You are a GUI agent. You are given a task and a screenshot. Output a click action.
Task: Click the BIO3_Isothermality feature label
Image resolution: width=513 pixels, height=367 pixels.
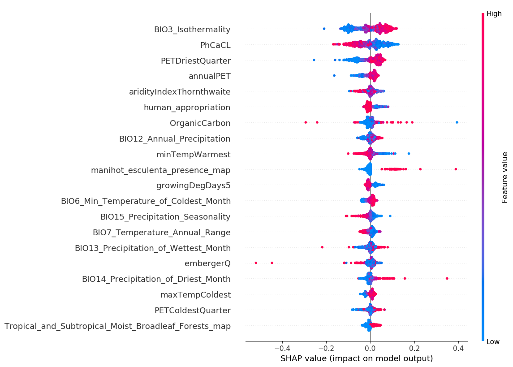(x=192, y=30)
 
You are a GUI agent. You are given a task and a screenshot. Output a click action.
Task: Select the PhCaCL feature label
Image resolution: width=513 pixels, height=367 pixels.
(x=215, y=45)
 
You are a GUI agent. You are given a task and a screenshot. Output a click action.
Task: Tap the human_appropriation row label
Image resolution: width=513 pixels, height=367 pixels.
(x=187, y=108)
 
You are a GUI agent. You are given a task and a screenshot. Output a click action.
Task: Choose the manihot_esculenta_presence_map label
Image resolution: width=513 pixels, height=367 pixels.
(x=160, y=170)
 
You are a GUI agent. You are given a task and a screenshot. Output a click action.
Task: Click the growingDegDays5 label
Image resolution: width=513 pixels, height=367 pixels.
(x=193, y=186)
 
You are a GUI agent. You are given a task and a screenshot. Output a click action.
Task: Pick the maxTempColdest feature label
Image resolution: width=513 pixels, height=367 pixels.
(x=195, y=295)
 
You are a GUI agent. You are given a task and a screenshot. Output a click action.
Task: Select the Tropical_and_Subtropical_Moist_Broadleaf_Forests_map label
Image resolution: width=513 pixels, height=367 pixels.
(x=117, y=326)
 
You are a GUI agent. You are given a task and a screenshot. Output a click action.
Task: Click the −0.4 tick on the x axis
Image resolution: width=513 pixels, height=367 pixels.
(x=282, y=348)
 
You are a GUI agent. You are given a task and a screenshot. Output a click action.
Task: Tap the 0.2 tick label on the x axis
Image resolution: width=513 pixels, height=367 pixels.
(x=414, y=348)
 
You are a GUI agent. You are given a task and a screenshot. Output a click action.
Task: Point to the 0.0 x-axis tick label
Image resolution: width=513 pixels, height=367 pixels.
(x=371, y=348)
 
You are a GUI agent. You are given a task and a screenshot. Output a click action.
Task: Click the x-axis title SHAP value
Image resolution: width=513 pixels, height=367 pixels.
(x=356, y=358)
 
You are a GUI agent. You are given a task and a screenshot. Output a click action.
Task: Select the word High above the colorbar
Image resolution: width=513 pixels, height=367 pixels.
(x=494, y=14)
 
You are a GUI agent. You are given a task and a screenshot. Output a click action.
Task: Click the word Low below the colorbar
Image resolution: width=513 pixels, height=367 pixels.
(x=493, y=342)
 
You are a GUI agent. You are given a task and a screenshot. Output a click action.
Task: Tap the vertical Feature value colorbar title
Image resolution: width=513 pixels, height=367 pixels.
(x=505, y=177)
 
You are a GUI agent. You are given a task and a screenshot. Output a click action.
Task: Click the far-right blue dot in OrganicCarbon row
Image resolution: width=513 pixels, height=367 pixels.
(x=457, y=122)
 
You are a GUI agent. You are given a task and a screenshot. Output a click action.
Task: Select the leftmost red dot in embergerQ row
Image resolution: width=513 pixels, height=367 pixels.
(x=256, y=263)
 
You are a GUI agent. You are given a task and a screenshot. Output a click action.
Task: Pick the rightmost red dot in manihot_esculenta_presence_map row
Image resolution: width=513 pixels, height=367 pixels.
(x=456, y=169)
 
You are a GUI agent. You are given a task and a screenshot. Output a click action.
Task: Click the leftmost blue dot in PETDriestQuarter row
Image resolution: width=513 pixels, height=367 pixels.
(x=314, y=60)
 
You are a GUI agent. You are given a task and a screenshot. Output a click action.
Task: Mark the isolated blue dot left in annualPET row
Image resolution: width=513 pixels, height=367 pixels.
(x=334, y=75)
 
